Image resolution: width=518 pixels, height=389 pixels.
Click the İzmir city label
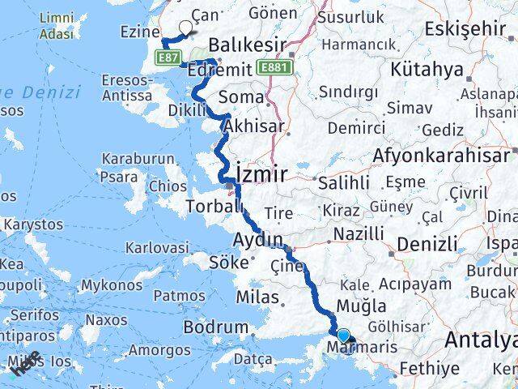[x=261, y=173]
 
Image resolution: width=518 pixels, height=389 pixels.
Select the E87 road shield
[x=169, y=58]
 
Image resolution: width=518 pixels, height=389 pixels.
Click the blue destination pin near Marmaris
[x=343, y=336]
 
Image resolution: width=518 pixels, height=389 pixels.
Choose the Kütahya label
[x=425, y=69]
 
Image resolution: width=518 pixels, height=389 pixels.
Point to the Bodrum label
[x=215, y=327]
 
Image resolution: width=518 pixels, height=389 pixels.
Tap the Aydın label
[x=258, y=240]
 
